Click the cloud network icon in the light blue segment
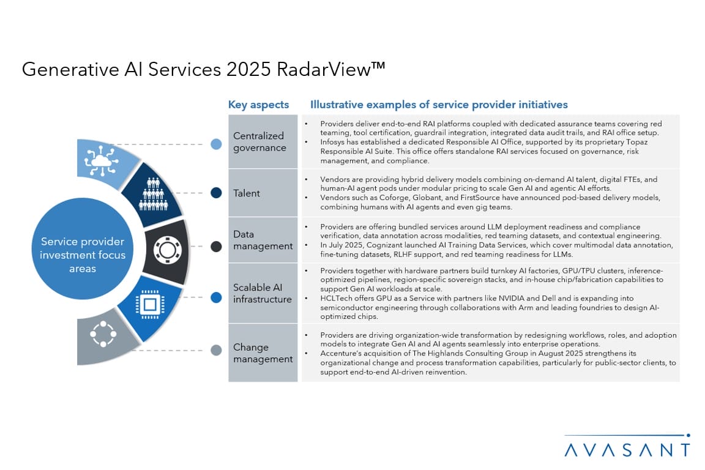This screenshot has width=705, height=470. pos(101,161)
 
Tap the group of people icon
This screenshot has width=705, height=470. pos(154,194)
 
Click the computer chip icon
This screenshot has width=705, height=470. pos(150,305)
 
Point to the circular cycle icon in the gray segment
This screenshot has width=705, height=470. pos(103,334)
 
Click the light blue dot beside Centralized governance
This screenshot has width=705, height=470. pos(216,144)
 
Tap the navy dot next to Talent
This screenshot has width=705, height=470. pos(216,193)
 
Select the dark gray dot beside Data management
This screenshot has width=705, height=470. pos(216,247)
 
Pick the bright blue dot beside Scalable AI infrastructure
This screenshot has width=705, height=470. pos(216,297)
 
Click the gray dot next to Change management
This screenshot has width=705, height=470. pos(216,350)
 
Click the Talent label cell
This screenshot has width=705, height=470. pos(263,193)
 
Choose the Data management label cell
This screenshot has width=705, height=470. pos(263,240)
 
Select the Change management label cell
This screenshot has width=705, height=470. pos(263,353)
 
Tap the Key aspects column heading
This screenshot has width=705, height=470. pos(258,105)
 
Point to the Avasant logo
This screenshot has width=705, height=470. pos(627,446)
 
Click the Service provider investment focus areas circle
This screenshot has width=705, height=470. pos(82,248)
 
